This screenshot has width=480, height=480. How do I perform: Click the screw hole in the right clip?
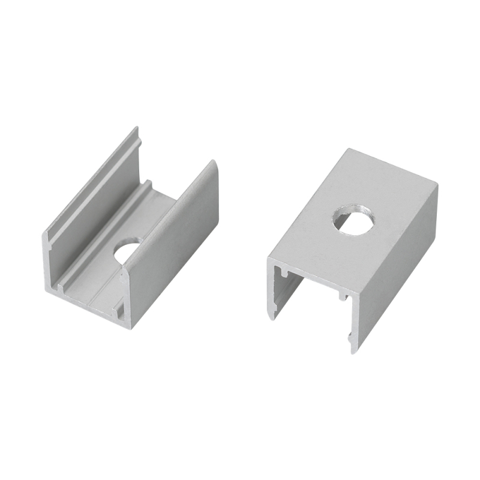[x=353, y=218]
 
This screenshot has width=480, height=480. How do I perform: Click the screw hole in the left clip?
[x=127, y=251]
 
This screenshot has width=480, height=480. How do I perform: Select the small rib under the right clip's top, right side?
[x=342, y=295]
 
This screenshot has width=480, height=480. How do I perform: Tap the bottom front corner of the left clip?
[x=128, y=326]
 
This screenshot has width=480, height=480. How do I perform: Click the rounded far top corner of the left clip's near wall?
[x=212, y=164]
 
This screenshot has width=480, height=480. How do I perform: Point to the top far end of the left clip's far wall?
[x=136, y=129]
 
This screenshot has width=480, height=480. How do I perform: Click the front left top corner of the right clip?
[x=269, y=260]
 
